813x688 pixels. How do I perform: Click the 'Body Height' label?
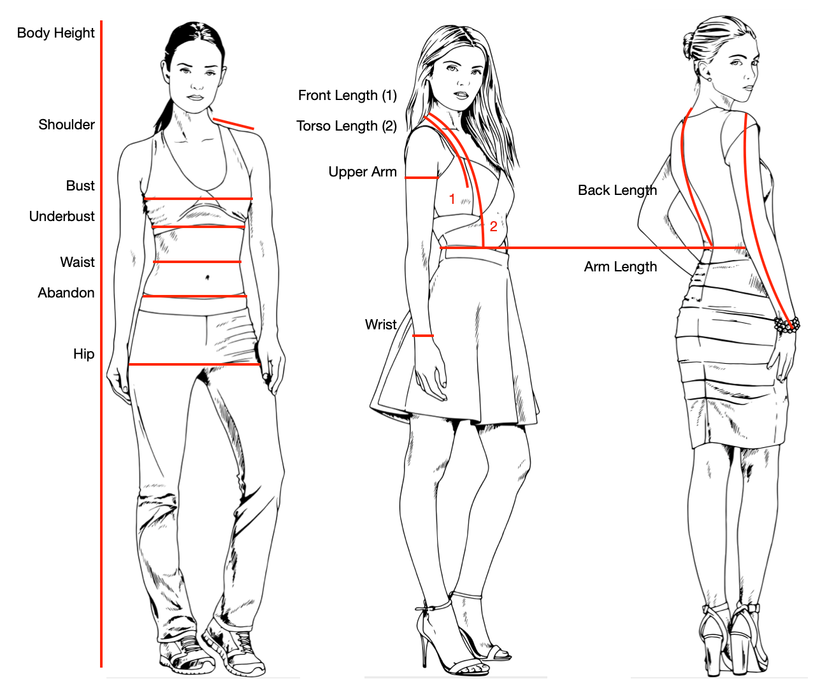pos(55,33)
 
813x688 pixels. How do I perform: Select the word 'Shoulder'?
pos(66,125)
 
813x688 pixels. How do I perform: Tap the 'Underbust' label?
pos(62,217)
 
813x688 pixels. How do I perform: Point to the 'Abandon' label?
pos(66,292)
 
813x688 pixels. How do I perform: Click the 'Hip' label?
pos(83,354)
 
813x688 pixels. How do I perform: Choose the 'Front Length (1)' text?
pos(347,95)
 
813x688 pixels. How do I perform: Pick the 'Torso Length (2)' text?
pos(346,126)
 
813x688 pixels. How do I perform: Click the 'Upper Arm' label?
pos(363,172)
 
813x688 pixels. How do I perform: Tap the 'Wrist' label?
pos(380,324)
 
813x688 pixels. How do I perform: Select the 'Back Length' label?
pos(617,190)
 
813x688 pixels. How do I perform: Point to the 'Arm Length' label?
pos(621,267)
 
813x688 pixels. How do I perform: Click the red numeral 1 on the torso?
pos(452,199)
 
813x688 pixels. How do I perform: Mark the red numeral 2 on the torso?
pos(493,226)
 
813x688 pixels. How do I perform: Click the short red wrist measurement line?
pos(423,336)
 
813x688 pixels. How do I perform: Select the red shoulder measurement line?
pos(233,123)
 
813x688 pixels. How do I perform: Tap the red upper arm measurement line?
pos(422,178)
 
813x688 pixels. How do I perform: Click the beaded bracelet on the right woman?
pos(787,325)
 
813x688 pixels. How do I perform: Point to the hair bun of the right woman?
pos(688,45)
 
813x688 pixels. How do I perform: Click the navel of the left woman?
pos(207,278)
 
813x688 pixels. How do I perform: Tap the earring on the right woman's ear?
pos(709,79)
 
